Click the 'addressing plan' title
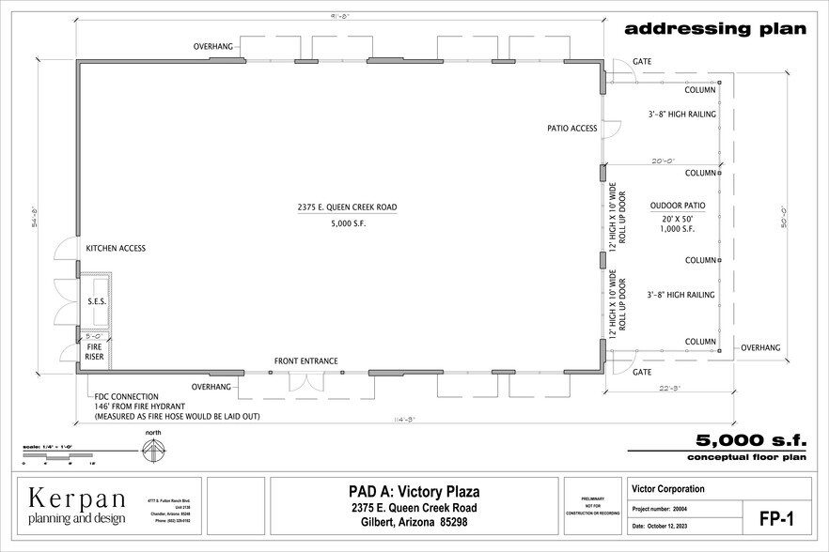715,28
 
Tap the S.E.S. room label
96,299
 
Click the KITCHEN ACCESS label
116,249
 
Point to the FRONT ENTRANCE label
305,361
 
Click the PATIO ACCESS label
572,129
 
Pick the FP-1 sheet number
776,517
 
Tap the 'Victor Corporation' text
668,489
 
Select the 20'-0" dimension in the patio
664,161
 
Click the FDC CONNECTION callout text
126,396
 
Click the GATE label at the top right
642,61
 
